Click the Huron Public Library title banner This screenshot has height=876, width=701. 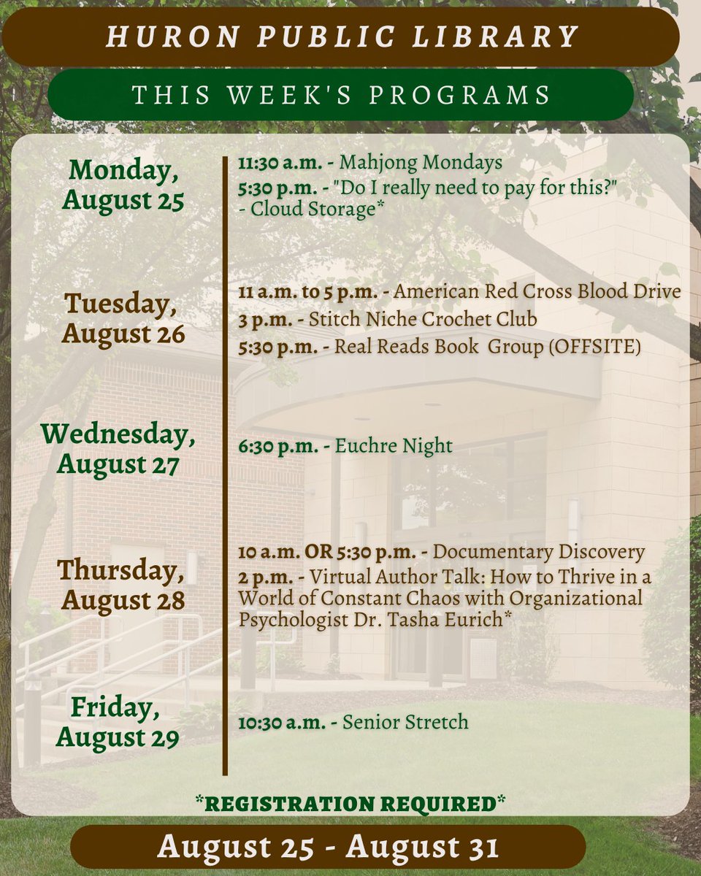click(x=342, y=36)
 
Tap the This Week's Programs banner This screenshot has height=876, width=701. click(x=341, y=95)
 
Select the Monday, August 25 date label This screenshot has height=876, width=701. click(x=123, y=185)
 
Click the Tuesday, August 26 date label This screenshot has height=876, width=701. click(x=123, y=318)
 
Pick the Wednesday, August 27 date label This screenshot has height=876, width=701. click(x=118, y=449)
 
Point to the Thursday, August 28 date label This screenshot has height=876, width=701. click(x=120, y=585)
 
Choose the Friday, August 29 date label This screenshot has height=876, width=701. click(x=118, y=723)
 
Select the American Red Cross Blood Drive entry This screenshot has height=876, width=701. click(x=537, y=292)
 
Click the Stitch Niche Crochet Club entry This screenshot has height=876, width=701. click(x=423, y=319)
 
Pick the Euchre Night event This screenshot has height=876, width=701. click(x=394, y=446)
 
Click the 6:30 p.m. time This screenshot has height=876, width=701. click(x=278, y=446)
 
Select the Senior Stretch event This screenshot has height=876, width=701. click(x=405, y=723)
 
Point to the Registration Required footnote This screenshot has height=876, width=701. click(x=350, y=804)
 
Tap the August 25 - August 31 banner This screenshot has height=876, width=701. click(x=328, y=847)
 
